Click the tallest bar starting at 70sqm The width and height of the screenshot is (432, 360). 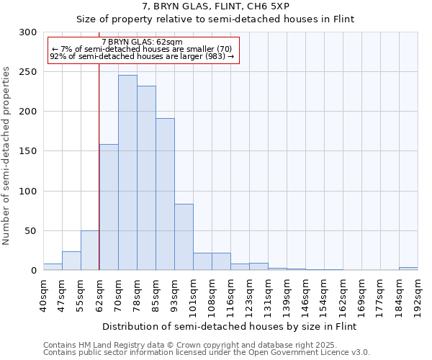(127, 173)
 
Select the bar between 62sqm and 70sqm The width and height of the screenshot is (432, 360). (109, 207)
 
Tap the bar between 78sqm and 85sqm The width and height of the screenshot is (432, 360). (146, 179)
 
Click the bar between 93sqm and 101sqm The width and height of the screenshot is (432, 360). (184, 238)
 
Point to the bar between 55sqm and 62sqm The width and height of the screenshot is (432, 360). (90, 251)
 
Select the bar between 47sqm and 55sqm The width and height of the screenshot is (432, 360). (71, 261)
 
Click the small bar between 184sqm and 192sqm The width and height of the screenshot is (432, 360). (408, 269)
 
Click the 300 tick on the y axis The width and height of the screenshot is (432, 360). (28, 32)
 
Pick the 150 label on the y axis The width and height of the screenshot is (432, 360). (28, 152)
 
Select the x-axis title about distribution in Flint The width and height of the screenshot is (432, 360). (228, 326)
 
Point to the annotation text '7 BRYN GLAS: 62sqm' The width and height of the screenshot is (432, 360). (142, 42)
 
